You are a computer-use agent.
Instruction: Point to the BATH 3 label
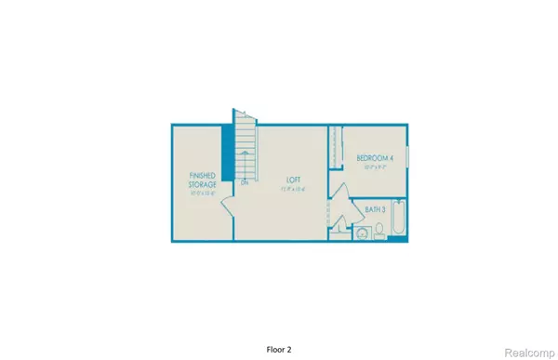click(376, 209)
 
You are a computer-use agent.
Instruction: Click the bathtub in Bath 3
click(399, 220)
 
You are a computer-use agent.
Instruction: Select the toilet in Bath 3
click(379, 233)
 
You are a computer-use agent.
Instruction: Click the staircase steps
click(245, 149)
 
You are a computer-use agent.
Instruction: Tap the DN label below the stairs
click(244, 182)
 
